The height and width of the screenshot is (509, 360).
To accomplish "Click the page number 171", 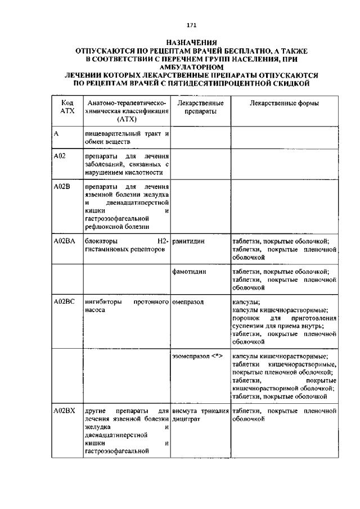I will click(191, 24).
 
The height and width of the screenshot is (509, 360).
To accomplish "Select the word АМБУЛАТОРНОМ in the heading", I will click(191, 67).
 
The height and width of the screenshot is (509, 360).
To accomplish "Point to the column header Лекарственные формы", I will click(284, 104).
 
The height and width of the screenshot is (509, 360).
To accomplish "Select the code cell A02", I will click(60, 156).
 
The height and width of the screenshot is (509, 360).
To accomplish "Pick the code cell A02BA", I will click(64, 241).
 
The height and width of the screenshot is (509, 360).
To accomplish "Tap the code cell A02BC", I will click(64, 302).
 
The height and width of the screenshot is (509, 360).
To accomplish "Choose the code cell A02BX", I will click(64, 411).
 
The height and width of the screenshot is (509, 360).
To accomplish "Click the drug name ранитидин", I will click(189, 241).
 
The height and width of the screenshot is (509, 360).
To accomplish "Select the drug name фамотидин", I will click(190, 272).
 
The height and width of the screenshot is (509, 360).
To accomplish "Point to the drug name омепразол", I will click(188, 302).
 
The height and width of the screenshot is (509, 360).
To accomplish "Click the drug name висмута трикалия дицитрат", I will click(200, 415).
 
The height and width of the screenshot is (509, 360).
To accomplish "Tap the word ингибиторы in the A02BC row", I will click(103, 302).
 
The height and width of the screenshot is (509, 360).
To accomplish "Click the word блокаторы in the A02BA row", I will click(102, 241).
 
